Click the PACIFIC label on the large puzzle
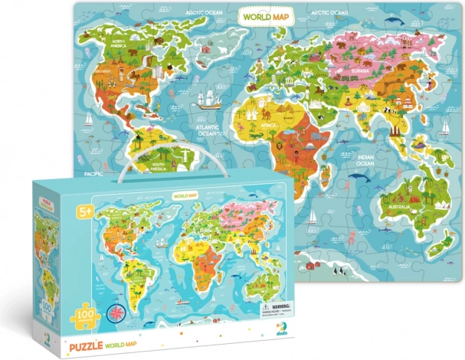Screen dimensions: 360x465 (94, 174)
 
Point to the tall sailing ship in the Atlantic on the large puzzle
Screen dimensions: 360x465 (208, 100)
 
